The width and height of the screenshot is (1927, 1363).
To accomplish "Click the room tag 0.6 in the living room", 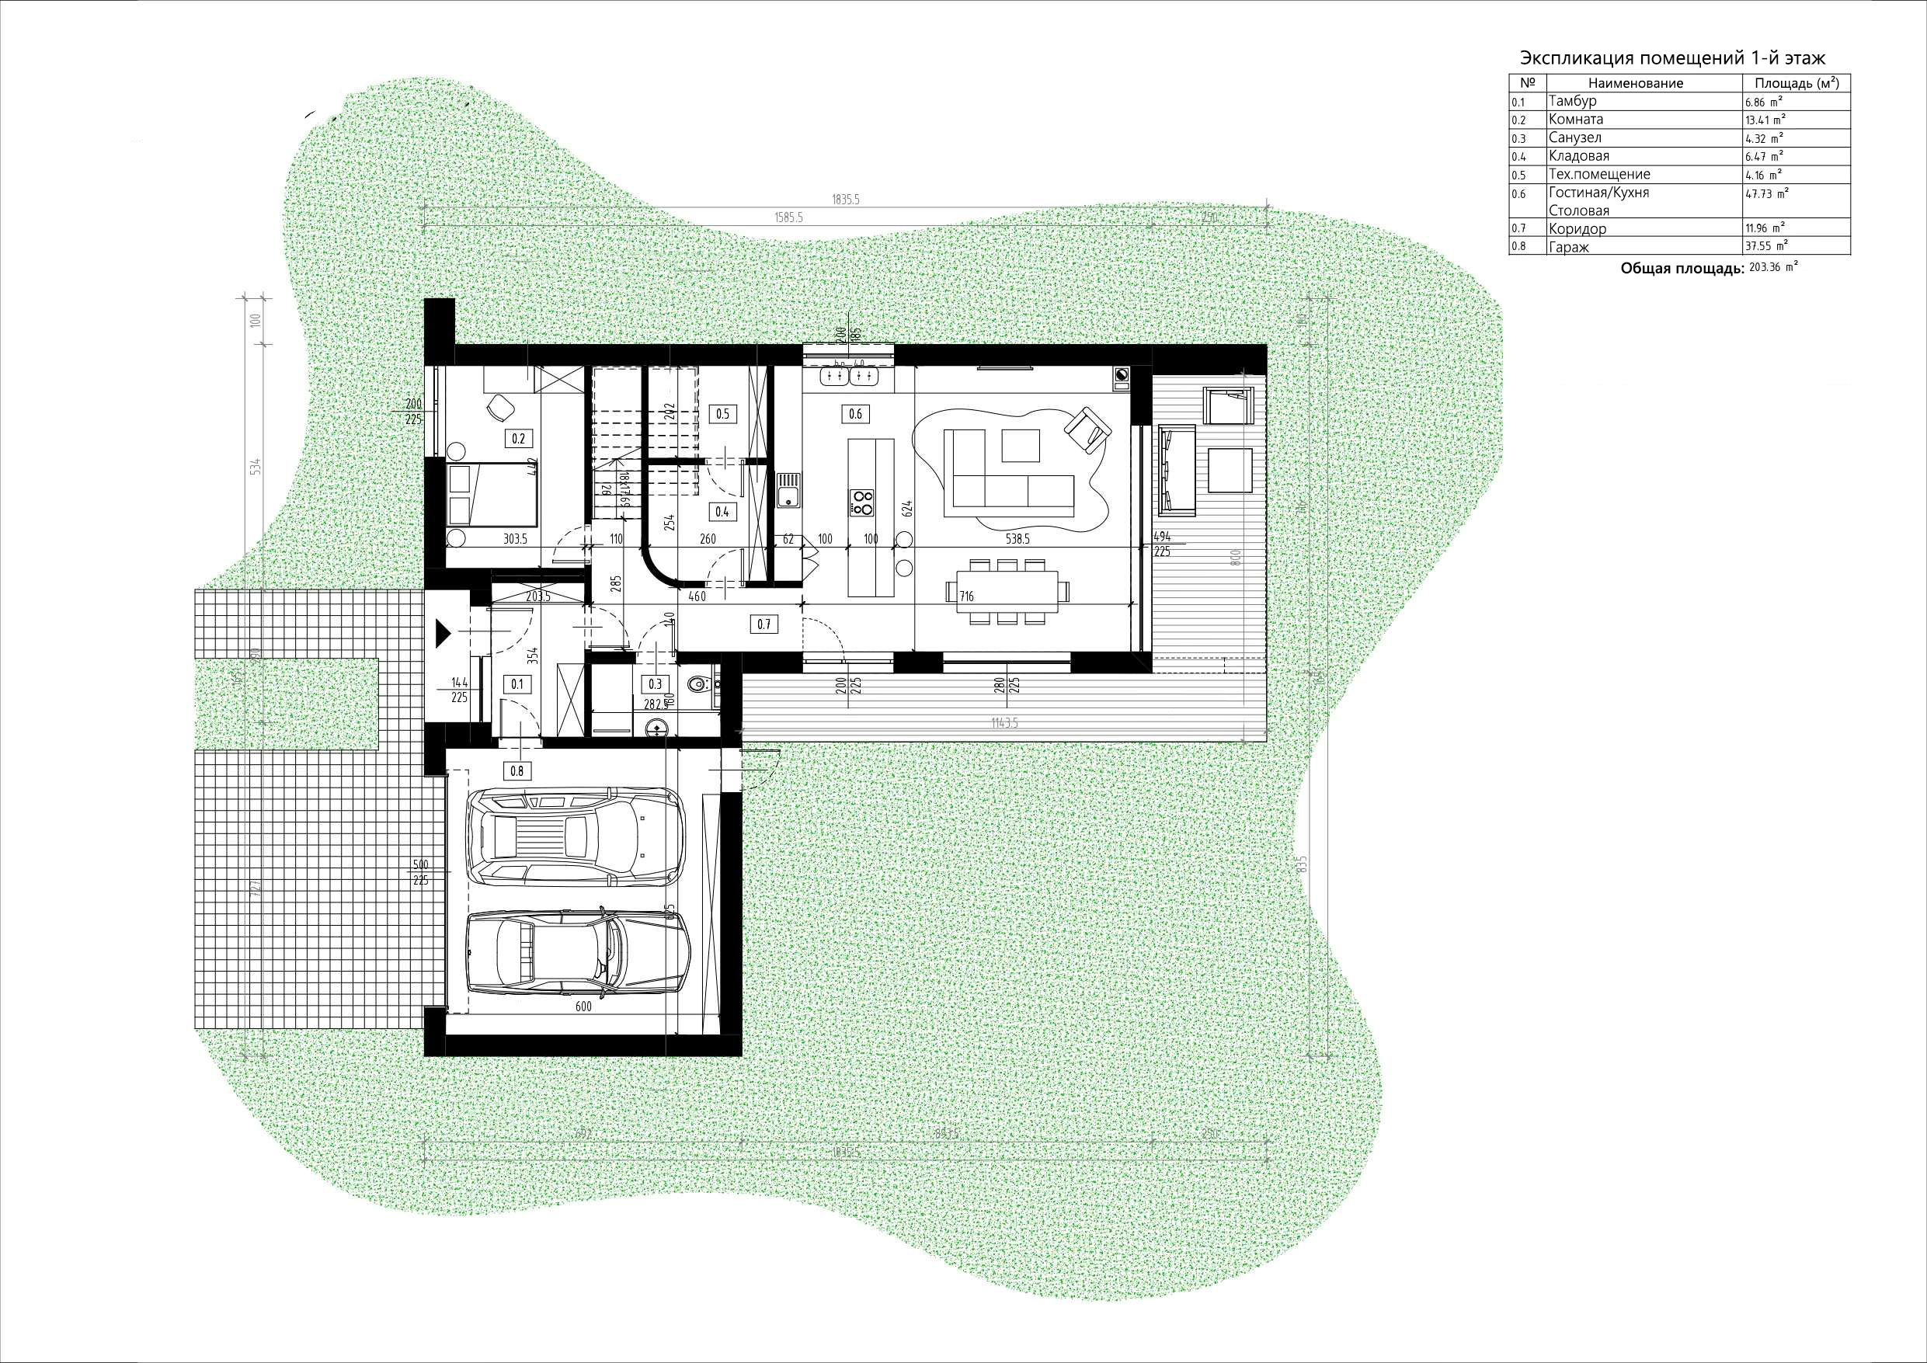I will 855,413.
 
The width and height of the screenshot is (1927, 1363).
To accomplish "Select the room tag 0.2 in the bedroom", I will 517,438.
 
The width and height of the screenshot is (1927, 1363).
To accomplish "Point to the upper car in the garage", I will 577,835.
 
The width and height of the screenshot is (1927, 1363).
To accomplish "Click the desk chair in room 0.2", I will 502,407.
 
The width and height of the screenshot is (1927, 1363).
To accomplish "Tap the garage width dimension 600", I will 584,1007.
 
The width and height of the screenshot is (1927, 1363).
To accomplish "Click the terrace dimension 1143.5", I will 1004,721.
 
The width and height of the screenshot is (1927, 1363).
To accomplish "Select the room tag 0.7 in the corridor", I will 763,624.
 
